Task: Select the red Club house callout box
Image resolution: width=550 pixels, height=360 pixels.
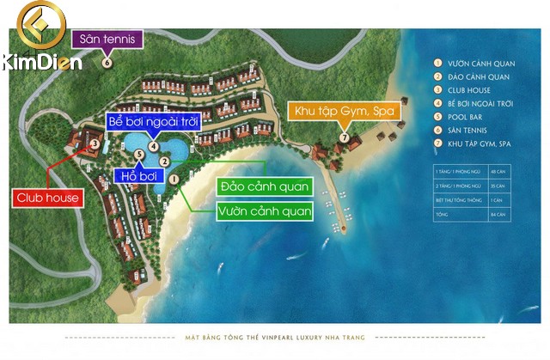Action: pos(48,198)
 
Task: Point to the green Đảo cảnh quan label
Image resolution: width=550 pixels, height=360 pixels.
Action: pos(265,186)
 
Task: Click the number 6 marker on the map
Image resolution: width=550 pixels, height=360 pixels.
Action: pos(107,62)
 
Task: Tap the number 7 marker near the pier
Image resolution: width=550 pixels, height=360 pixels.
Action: pos(344,137)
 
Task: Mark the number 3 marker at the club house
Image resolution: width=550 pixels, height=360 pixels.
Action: pos(95,144)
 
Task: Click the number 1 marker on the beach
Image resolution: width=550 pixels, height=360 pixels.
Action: pos(174,179)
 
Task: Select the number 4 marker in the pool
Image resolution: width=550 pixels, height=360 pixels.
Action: pos(152,145)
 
